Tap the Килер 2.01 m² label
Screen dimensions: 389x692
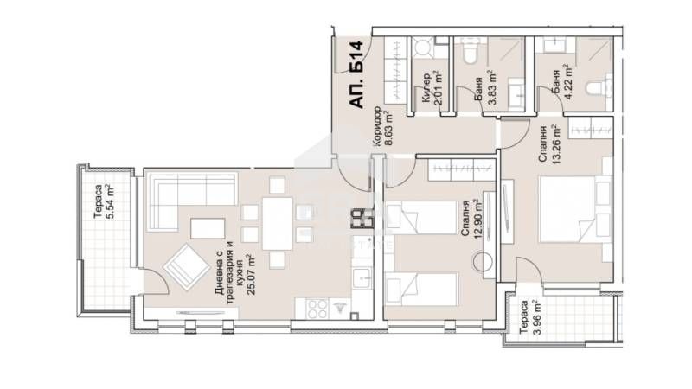pyautogui.click(x=432, y=89)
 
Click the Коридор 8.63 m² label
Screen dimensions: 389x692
pyautogui.click(x=382, y=128)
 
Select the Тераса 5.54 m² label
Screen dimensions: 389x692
pyautogui.click(x=103, y=201)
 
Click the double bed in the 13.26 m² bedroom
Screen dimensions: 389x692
pyautogui.click(x=572, y=211)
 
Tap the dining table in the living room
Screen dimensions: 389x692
pyautogui.click(x=275, y=223)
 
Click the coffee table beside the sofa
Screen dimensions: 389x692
pyautogui.click(x=208, y=226)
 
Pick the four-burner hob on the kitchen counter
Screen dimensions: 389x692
pyautogui.click(x=359, y=221)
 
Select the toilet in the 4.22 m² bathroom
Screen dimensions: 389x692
pyautogui.click(x=596, y=89)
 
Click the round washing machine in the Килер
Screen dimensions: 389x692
pyautogui.click(x=425, y=48)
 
